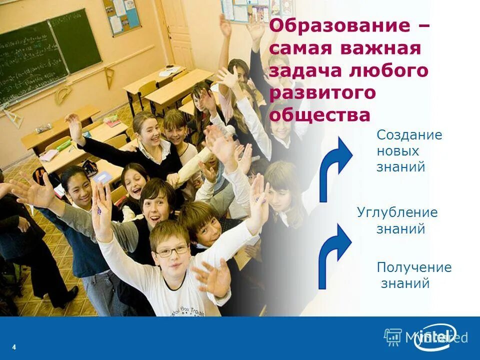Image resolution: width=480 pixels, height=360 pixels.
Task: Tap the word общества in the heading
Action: click(320, 115)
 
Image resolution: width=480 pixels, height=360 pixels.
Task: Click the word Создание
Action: click(409, 135)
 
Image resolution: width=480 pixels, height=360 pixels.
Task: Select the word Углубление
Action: click(397, 212)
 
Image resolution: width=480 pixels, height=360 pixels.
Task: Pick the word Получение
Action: click(414, 267)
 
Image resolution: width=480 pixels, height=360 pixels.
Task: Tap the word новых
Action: click(398, 151)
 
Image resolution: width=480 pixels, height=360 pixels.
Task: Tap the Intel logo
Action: click(435, 337)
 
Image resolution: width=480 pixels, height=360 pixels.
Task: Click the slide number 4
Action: click(14, 347)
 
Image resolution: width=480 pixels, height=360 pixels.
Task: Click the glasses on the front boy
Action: click(171, 250)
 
